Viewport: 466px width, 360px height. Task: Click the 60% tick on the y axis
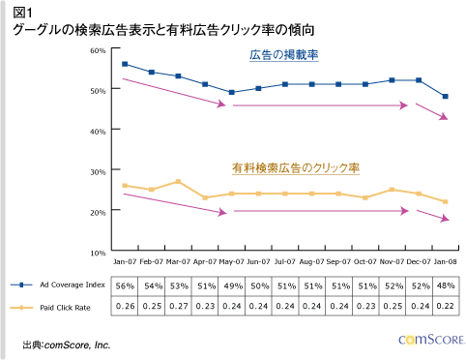coord(97,48)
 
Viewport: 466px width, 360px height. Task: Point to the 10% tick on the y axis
coord(97,251)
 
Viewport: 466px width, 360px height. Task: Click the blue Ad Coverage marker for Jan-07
coord(125,64)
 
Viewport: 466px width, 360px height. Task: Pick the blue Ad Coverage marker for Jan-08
coord(445,97)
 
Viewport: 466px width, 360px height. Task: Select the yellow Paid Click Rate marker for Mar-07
coord(179,181)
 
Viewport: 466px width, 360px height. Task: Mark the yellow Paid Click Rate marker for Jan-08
coord(445,201)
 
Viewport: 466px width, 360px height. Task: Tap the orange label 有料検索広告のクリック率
coord(295,168)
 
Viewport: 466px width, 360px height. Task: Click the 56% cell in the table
coord(125,286)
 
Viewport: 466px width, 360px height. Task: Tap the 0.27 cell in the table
coord(179,307)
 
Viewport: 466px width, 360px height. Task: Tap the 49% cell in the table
coord(232,286)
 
